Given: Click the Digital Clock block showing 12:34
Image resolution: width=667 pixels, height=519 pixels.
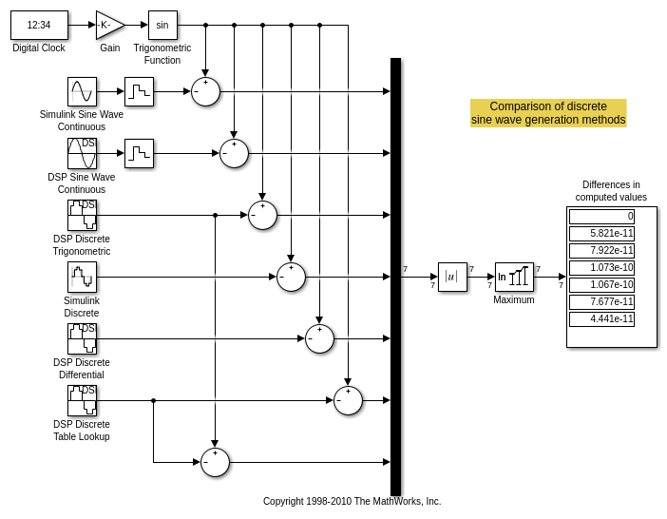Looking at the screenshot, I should pyautogui.click(x=39, y=25).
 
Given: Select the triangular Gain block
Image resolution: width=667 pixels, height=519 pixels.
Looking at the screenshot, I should pyautogui.click(x=108, y=25).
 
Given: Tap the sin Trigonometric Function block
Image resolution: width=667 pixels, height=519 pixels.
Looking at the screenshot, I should pyautogui.click(x=162, y=25).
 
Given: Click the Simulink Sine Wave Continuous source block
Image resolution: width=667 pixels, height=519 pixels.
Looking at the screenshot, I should pyautogui.click(x=82, y=91).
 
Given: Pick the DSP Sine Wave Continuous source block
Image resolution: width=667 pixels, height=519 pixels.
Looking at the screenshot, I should pyautogui.click(x=82, y=153).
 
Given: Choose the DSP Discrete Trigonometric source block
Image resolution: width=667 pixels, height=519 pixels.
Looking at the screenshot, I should pyautogui.click(x=82, y=215).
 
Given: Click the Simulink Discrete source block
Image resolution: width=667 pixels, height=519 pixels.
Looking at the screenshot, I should pyautogui.click(x=82, y=277).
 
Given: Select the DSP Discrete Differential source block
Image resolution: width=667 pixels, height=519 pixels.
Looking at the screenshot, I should pyautogui.click(x=82, y=338).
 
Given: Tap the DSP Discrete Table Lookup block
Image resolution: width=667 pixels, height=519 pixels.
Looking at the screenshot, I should pyautogui.click(x=82, y=400).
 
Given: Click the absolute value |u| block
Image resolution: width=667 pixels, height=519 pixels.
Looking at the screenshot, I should pyautogui.click(x=452, y=277).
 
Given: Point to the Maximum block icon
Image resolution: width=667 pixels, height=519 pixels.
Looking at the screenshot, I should pyautogui.click(x=514, y=277).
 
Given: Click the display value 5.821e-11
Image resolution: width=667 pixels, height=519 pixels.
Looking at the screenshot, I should pyautogui.click(x=601, y=234).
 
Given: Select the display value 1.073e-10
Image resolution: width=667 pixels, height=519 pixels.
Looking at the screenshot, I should pyautogui.click(x=601, y=268).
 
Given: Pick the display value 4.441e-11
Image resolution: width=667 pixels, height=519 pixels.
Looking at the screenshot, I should pyautogui.click(x=601, y=319).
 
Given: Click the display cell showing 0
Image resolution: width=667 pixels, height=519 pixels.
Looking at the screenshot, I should pyautogui.click(x=601, y=217).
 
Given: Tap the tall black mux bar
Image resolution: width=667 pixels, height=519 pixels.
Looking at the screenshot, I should pyautogui.click(x=395, y=276).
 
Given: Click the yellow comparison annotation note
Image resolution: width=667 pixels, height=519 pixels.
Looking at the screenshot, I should pyautogui.click(x=548, y=113).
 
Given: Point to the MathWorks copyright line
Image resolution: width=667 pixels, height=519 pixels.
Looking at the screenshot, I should pyautogui.click(x=352, y=501).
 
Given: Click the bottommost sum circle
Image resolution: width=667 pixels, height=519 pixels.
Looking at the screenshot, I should pyautogui.click(x=215, y=462).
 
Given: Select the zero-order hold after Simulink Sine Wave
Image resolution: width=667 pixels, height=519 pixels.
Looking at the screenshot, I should pyautogui.click(x=139, y=91).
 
